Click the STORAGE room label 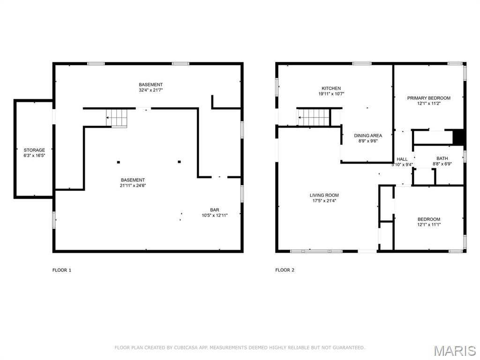pyautogui.click(x=34, y=150)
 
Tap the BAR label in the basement pyautogui.click(x=215, y=210)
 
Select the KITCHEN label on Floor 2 pyautogui.click(x=331, y=88)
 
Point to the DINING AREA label pyautogui.click(x=368, y=135)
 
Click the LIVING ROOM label pyautogui.click(x=324, y=195)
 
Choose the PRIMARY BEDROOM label pyautogui.click(x=428, y=98)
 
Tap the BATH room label pyautogui.click(x=442, y=158)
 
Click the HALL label pyautogui.click(x=402, y=159)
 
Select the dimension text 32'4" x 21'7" pyautogui.click(x=150, y=90)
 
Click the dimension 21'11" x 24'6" pyautogui.click(x=133, y=185)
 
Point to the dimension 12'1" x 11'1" pyautogui.click(x=429, y=225)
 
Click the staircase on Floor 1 pyautogui.click(x=116, y=118)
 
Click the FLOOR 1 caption pyautogui.click(x=62, y=270)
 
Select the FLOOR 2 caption pyautogui.click(x=285, y=270)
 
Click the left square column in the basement pyautogui.click(x=119, y=162)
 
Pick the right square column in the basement pyautogui.click(x=180, y=162)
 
